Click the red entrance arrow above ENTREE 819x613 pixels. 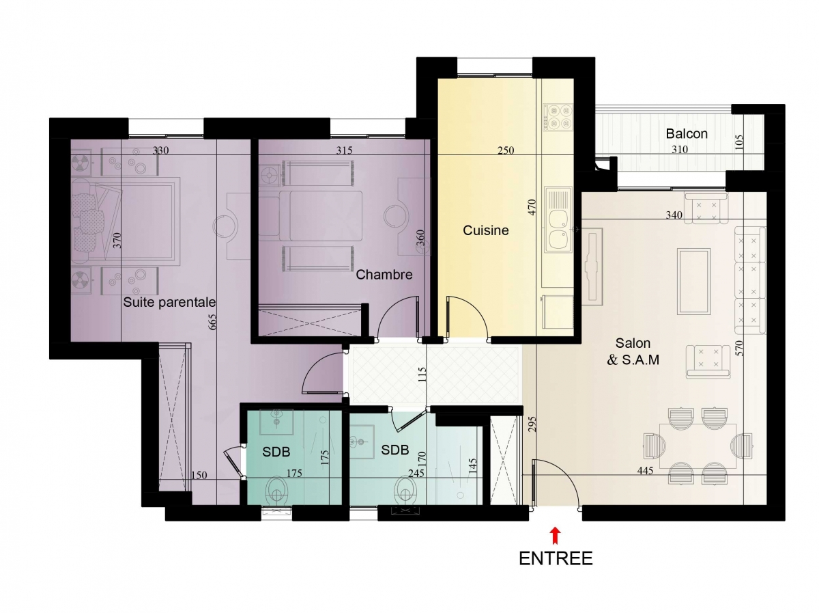(555, 534)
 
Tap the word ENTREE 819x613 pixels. (555, 558)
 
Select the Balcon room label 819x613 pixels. (686, 134)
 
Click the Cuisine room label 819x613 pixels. (485, 230)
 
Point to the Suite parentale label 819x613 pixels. (169, 302)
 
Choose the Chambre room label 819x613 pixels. (384, 275)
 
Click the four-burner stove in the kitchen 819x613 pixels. (558, 118)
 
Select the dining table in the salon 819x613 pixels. (698, 446)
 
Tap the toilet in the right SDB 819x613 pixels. (406, 491)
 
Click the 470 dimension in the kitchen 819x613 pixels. (532, 207)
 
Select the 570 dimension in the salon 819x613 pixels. (741, 348)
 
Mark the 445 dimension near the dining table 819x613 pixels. (645, 470)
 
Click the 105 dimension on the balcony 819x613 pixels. (739, 142)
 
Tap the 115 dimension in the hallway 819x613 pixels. (422, 374)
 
